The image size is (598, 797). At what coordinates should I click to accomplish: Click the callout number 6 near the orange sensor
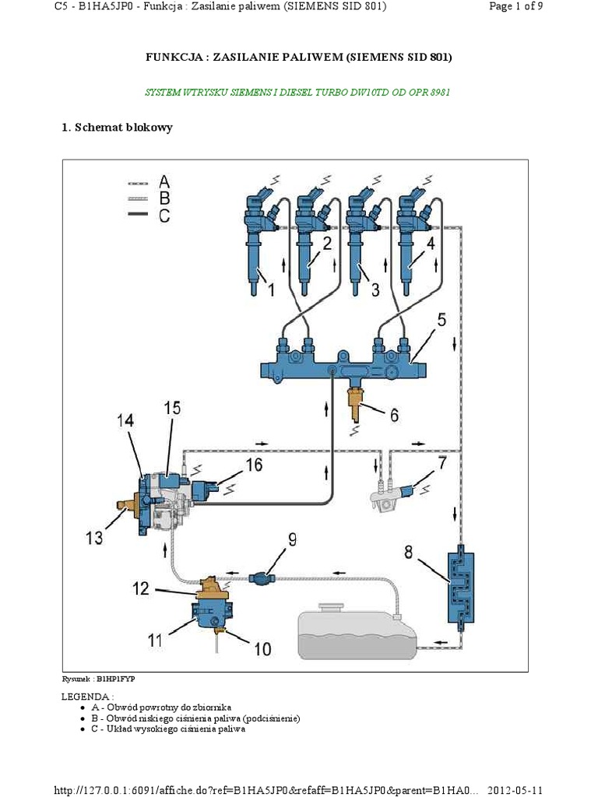tap(394, 415)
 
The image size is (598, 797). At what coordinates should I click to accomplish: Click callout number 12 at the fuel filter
tap(140, 589)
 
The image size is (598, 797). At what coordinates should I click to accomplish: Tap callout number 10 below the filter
tap(263, 648)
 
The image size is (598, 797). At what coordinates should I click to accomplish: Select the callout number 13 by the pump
tap(94, 537)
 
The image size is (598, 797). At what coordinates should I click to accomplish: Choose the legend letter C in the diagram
tap(164, 216)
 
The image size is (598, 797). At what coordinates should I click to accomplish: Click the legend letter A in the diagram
tap(164, 181)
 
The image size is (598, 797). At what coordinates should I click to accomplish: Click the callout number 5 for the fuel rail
tap(442, 319)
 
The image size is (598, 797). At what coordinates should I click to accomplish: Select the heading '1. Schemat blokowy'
tap(117, 128)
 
